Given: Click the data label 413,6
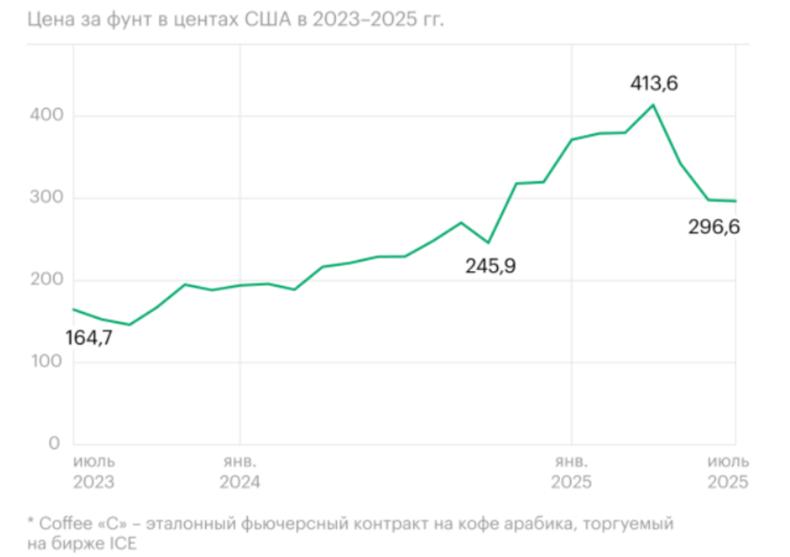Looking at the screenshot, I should point(654,83).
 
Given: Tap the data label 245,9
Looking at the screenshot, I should point(491,266).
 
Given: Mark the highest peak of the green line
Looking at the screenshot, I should point(653,105).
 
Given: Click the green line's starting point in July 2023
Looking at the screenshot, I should point(73,309).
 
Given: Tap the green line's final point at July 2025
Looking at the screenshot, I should point(736,201).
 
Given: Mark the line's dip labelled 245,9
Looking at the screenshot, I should point(488,243).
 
